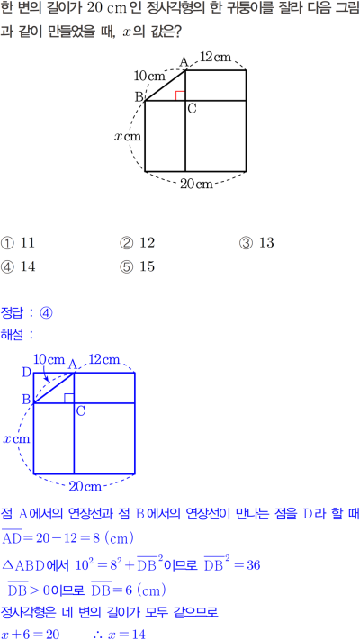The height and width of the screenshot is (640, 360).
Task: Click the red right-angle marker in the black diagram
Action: coord(180,95)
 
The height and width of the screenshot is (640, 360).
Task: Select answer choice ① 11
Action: coord(18,243)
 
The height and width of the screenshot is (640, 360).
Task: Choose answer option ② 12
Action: coord(137,243)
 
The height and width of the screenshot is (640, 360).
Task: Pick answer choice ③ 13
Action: coord(256,243)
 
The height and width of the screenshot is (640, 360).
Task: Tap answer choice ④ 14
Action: coord(18,267)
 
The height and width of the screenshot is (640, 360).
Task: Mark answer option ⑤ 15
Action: coord(137,267)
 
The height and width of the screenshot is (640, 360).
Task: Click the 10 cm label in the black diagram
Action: coord(149,76)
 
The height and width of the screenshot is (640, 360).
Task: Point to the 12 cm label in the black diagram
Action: coord(216,58)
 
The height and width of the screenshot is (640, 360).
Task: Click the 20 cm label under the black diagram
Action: coord(197,185)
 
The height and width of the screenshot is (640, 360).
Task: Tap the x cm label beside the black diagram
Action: coord(127,136)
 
